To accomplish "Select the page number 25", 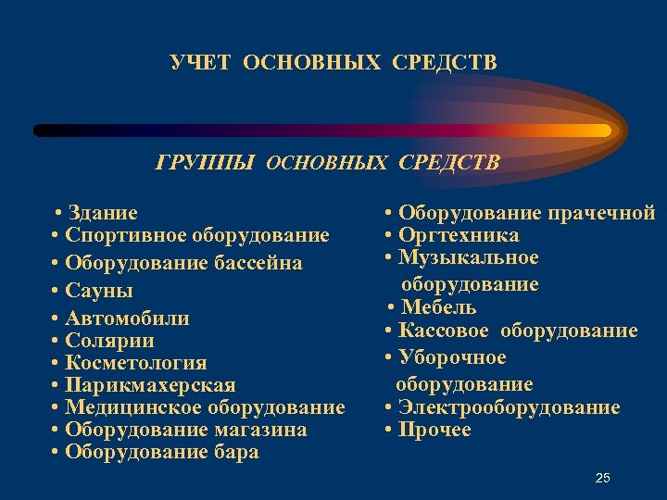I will click(602, 478).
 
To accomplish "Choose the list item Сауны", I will click(99, 291).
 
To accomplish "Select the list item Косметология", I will click(136, 363).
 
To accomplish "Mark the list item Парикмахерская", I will click(150, 385).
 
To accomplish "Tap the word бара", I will click(236, 453).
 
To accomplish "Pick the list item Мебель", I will click(438, 307).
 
